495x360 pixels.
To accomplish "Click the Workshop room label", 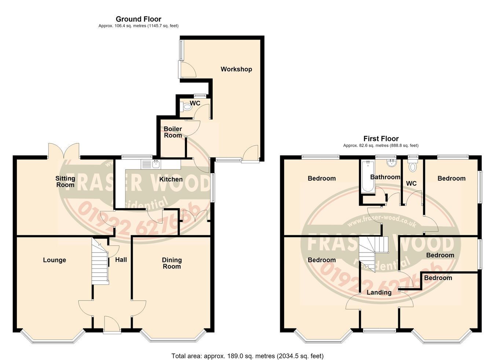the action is (236, 69).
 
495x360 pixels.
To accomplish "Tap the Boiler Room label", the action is (173, 132).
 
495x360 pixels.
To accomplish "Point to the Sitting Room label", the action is (65, 182).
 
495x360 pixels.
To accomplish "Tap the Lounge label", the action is (55, 260).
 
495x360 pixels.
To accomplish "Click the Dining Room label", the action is (172, 263).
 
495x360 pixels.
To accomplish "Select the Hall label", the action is (121, 259).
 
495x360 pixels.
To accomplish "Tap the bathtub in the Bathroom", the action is (368, 177).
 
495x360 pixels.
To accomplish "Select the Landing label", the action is (379, 292).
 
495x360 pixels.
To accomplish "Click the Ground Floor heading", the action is (139, 19).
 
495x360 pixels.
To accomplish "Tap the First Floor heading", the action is (381, 139).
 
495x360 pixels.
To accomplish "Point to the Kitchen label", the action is (171, 179).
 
